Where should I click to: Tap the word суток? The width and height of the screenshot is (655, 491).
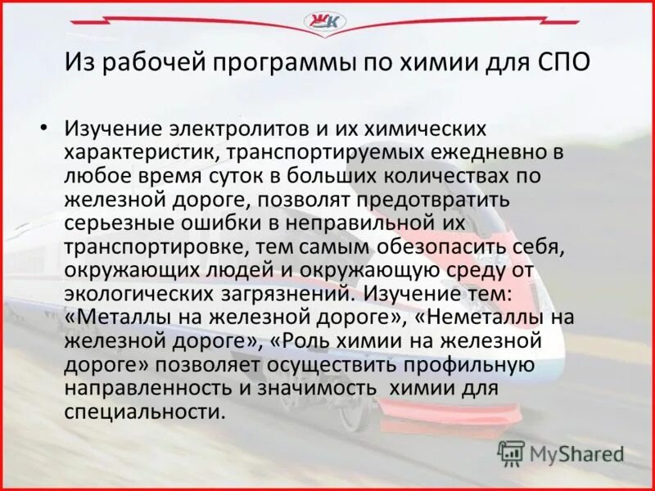[x=246, y=174]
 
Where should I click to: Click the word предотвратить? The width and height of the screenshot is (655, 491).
[x=439, y=198]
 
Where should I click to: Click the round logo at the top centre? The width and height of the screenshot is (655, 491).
[x=323, y=22]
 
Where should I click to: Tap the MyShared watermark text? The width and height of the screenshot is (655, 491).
[x=576, y=453]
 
